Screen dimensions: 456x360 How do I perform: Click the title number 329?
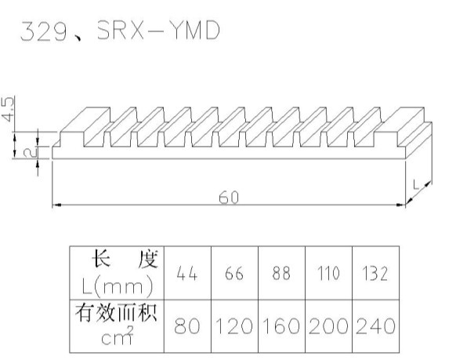click(44, 31)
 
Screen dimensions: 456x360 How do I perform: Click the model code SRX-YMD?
click(158, 30)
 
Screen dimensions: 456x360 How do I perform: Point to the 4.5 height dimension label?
click(8, 109)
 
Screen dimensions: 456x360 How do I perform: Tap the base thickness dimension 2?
click(31, 152)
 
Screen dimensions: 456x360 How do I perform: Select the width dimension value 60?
click(229, 198)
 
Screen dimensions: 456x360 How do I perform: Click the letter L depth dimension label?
click(416, 184)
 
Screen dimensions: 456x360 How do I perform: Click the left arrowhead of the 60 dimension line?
click(56, 205)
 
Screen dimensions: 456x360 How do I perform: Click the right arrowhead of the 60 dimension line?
click(401, 205)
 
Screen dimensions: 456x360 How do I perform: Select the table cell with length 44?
click(187, 273)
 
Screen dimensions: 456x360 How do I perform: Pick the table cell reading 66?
click(234, 273)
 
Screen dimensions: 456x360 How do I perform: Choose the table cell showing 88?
click(281, 273)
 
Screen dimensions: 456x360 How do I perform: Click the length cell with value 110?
click(328, 273)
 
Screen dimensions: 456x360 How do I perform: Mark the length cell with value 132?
click(375, 273)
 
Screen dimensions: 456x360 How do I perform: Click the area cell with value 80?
click(187, 326)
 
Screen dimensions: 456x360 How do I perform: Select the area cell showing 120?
click(234, 326)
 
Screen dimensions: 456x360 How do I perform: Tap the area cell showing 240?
click(375, 326)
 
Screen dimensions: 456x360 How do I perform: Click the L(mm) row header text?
click(118, 286)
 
